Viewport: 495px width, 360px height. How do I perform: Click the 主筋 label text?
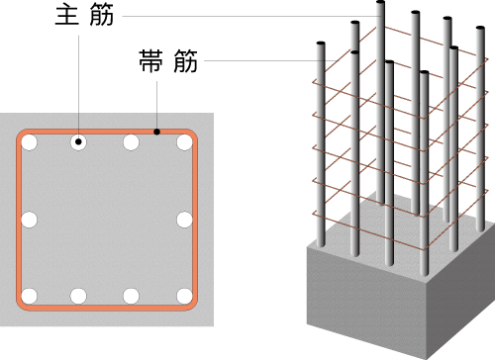tap(84, 16)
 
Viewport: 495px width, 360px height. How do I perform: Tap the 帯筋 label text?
tap(168, 61)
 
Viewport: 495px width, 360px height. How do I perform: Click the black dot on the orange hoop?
tap(157, 132)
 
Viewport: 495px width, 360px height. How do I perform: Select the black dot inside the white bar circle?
tap(78, 141)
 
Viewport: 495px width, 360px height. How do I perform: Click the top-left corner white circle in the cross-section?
tap(29, 142)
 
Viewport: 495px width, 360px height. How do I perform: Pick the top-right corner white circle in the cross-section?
tap(184, 142)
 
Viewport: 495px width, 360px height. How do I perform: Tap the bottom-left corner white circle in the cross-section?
tap(29, 296)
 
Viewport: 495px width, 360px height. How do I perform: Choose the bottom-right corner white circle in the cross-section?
tap(184, 296)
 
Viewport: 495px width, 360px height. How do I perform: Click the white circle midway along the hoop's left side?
tap(29, 220)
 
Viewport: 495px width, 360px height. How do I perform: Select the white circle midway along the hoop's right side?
tap(184, 220)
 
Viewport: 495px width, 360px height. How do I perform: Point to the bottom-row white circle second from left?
tap(78, 296)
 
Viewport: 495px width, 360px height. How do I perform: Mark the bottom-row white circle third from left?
tap(131, 296)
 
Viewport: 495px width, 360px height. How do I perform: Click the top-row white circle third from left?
tap(131, 142)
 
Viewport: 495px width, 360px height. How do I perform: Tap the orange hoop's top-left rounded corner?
tap(21, 134)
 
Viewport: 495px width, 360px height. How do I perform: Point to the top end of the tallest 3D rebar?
tap(380, 2)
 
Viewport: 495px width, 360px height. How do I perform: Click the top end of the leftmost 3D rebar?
tap(321, 44)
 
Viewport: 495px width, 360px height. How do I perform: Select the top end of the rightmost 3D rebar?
tap(480, 28)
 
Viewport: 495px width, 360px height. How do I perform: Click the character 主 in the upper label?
tap(67, 16)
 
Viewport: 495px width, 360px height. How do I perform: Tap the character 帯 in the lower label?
tap(150, 61)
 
